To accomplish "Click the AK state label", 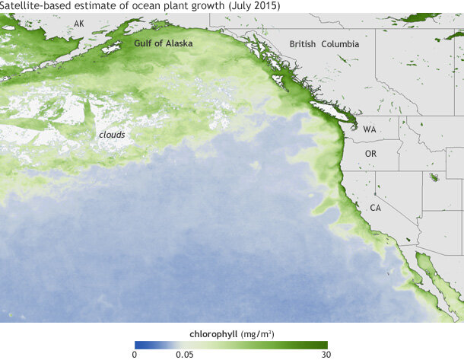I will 79,24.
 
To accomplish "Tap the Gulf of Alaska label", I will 163,44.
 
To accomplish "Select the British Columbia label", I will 324,45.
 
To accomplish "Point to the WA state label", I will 370,130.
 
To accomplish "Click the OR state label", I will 371,155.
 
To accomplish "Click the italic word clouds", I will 112,135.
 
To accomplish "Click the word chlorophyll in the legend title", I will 213,333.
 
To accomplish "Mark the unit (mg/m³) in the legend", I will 258,333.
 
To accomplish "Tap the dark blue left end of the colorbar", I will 138,345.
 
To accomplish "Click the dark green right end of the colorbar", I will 323,345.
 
